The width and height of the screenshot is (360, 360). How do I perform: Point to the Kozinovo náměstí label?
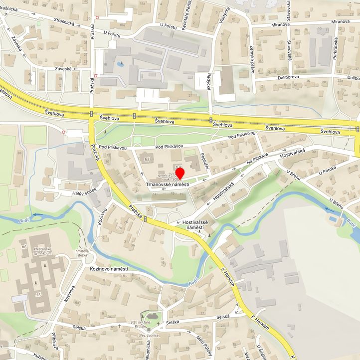point(109,269)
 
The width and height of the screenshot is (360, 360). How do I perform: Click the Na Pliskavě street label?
point(257,160)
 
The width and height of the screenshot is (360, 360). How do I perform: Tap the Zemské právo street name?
point(252,63)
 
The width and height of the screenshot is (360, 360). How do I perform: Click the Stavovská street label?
point(289,51)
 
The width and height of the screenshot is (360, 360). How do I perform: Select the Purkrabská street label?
point(337,49)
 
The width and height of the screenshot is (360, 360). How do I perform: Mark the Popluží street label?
point(204,160)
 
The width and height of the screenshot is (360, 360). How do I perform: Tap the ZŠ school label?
point(39,295)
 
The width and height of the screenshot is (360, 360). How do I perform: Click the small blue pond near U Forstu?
point(120,64)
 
